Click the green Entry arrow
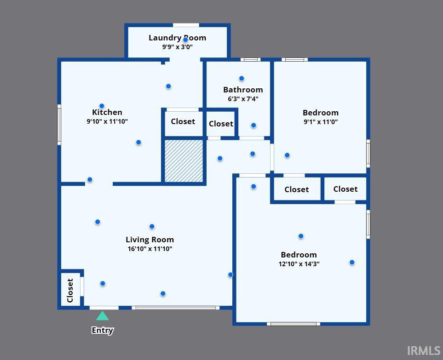pos(102,316)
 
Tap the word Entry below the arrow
pos(102,330)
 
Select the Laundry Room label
pos(178,38)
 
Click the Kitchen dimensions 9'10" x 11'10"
pos(107,121)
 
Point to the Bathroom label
pos(243,90)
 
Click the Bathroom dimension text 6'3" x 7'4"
pos(243,99)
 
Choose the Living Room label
pos(150,240)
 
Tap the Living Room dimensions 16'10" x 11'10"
pos(150,249)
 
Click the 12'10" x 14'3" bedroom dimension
pos(299,264)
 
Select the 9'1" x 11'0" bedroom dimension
pos(321,122)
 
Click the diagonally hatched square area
pos(184,161)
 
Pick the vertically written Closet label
pos(70,290)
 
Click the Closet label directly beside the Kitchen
pos(183,121)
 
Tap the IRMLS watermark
pos(424,351)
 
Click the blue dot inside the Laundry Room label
pos(185,40)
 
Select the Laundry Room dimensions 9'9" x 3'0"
pos(178,47)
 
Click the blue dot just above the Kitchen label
pos(102,106)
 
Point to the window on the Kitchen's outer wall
pos(59,125)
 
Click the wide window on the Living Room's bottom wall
pos(175,308)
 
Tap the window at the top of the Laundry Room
pos(186,25)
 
